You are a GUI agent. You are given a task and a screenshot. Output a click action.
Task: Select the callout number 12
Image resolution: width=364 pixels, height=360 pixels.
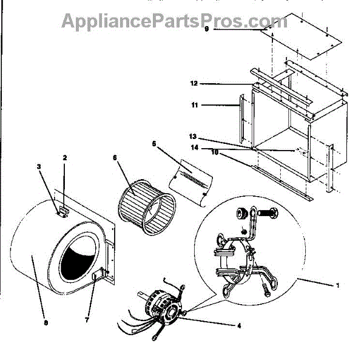[x=194, y=83]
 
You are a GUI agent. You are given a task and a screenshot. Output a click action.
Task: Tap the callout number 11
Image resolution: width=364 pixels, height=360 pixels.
[x=194, y=105]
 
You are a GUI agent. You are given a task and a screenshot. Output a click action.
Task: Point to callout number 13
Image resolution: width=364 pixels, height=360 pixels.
[x=194, y=137]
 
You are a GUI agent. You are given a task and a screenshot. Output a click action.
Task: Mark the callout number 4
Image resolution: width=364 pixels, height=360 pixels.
[x=239, y=325]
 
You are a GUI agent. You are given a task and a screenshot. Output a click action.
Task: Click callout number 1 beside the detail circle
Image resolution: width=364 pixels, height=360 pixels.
[x=338, y=285]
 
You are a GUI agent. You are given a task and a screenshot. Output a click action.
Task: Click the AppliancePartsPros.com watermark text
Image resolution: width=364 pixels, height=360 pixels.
[x=174, y=21]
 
